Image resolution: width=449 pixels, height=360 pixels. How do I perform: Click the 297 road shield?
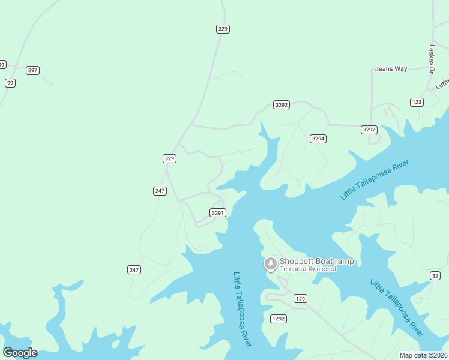(32, 70)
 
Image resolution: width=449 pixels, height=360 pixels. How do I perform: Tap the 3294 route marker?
(318, 139)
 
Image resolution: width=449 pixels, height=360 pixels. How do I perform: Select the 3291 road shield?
(217, 212)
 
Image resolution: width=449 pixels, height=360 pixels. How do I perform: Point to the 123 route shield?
(417, 102)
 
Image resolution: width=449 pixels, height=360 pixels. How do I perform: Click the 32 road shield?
(435, 275)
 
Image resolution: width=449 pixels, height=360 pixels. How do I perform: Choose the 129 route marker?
(301, 298)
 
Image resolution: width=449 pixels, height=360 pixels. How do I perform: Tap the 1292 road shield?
(278, 318)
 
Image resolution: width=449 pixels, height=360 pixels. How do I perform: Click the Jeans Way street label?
(391, 69)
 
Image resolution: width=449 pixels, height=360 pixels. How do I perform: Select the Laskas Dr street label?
(432, 59)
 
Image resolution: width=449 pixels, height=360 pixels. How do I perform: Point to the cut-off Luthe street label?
(442, 83)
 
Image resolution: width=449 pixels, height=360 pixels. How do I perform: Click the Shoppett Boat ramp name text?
(316, 261)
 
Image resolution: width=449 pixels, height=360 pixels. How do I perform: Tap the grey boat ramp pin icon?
(271, 263)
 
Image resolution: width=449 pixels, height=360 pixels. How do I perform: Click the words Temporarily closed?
(307, 269)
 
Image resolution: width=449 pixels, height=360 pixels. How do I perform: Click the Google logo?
(20, 352)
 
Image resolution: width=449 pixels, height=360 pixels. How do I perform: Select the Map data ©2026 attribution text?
(424, 355)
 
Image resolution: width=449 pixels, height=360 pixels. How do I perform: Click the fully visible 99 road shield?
(10, 83)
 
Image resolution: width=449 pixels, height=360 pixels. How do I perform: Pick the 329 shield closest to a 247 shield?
(169, 158)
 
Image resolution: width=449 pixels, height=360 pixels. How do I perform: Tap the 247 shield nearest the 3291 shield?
(159, 191)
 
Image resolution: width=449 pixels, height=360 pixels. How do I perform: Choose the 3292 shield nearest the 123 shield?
(369, 130)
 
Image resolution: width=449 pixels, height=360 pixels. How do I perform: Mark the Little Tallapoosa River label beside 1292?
(242, 308)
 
